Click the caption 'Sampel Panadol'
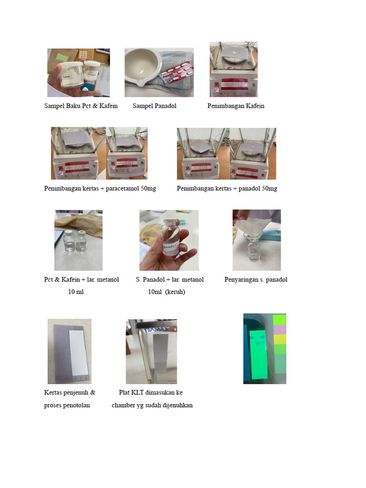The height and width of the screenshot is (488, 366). pos(154,106)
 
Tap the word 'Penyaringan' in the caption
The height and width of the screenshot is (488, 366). pos(240,280)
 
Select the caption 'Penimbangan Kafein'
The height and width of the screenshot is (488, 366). pos(235,106)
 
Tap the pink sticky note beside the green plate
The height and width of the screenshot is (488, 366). pos(280,329)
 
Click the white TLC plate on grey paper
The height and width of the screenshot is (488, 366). pos(76,352)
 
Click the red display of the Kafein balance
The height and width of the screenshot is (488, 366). pos(234,85)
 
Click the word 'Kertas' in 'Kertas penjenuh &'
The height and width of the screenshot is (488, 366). pos(53,393)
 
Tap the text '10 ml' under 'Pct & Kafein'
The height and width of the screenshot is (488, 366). pos(76,292)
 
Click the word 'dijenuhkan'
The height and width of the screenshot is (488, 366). pos(177,406)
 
